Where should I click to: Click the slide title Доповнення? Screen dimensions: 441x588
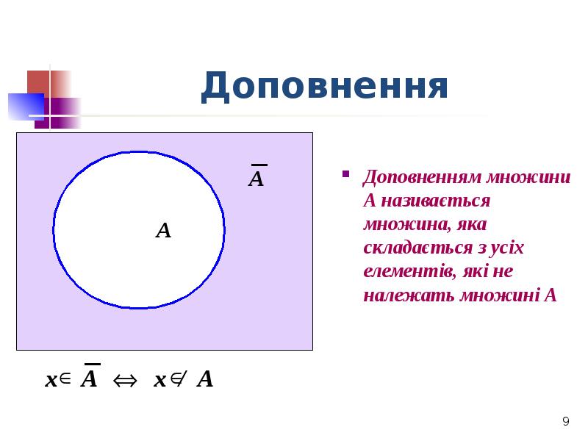(x=324, y=87)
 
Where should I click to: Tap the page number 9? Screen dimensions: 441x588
(x=565, y=422)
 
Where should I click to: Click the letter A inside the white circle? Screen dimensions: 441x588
(x=163, y=232)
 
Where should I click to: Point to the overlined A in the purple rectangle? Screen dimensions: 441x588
(x=256, y=179)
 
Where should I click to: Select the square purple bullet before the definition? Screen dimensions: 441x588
(x=344, y=176)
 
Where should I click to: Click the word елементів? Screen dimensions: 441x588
(x=407, y=271)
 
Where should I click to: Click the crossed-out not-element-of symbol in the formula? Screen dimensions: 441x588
(x=179, y=379)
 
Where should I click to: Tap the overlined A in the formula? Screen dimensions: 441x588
(x=89, y=379)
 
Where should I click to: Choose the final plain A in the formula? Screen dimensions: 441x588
(x=205, y=380)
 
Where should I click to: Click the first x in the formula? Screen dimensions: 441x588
(x=51, y=381)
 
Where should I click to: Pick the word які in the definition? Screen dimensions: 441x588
(x=477, y=271)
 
